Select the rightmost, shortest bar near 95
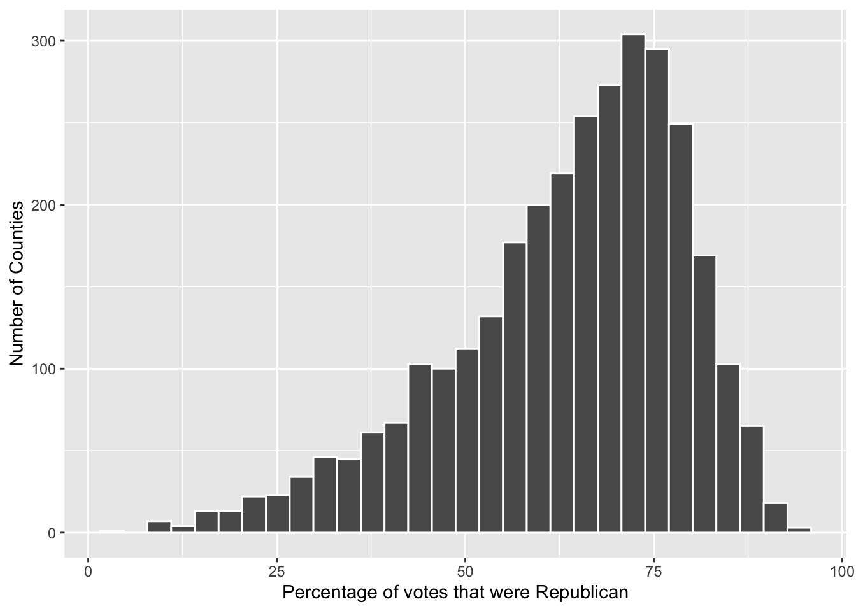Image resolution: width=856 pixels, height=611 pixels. click(x=799, y=530)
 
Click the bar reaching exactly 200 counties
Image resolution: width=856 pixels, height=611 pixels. click(x=538, y=369)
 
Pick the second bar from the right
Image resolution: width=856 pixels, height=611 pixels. click(x=775, y=518)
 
